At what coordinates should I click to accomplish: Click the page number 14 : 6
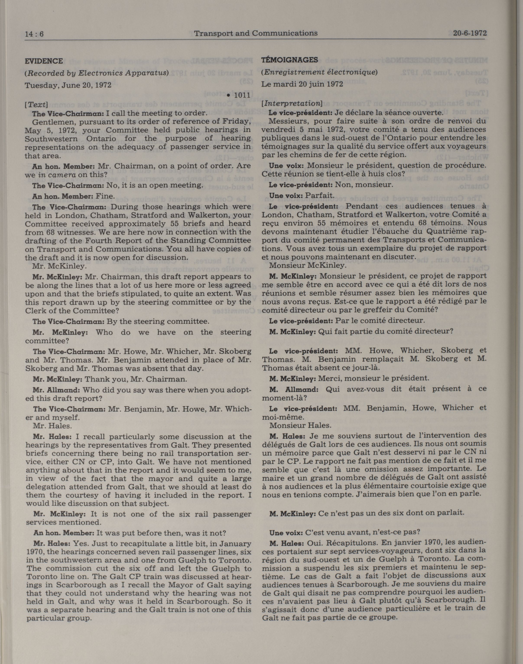pos(34,34)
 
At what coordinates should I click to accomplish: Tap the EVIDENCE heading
pos(44,61)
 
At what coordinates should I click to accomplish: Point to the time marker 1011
pos(242,95)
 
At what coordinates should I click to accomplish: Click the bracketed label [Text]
pos(36,105)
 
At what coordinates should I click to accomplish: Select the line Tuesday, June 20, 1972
pos(68,85)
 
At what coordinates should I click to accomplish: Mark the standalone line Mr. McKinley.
pos(55,266)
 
